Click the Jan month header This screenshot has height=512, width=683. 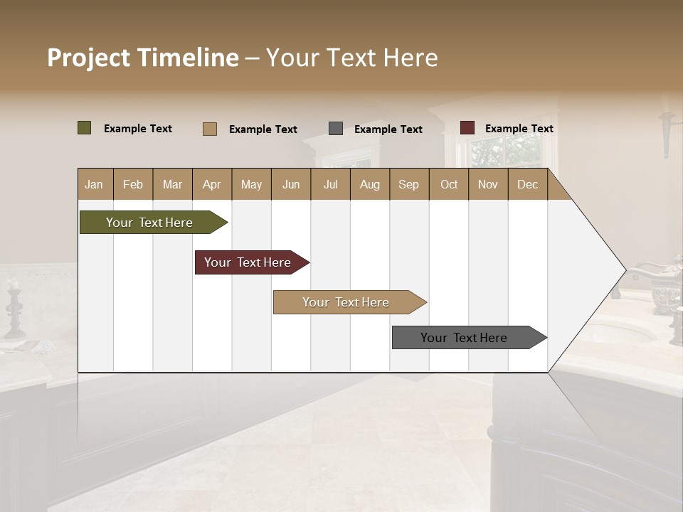tap(95, 184)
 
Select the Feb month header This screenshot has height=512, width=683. tap(133, 184)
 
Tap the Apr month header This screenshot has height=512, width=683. tap(212, 184)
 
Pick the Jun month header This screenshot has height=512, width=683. tap(291, 184)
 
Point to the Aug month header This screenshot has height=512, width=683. tap(370, 184)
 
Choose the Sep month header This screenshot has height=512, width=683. tap(409, 184)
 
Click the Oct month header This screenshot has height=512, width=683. tap(449, 184)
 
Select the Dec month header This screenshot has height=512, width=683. tap(528, 184)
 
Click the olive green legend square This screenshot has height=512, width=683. tap(85, 128)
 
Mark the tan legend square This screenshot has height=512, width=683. tap(210, 129)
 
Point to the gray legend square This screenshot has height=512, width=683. tap(336, 129)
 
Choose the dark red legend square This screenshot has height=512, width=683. tap(467, 128)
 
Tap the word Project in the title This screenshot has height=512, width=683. tap(88, 58)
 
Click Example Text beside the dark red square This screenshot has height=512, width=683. tap(519, 129)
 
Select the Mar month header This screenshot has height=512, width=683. tap(172, 184)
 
